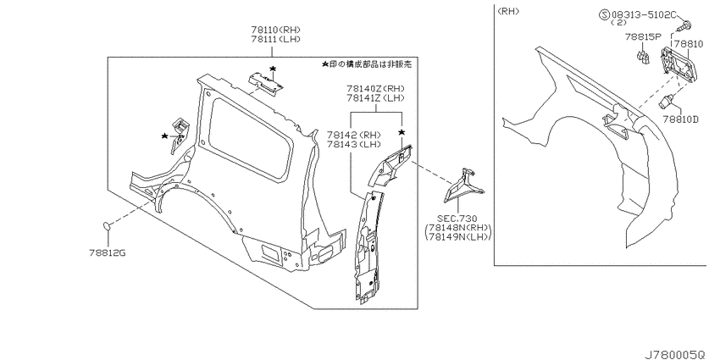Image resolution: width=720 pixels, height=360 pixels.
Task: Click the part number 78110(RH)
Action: point(276,30)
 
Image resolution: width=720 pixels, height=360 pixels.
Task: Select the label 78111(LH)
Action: point(276,40)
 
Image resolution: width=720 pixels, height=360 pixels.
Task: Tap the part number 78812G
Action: point(108,252)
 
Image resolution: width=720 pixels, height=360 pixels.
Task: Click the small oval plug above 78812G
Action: point(107,225)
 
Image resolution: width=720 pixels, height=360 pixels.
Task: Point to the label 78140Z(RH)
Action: point(375,88)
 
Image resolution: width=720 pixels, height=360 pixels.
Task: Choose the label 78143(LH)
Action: point(354,144)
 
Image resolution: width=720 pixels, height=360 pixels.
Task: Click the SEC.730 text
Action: point(457,219)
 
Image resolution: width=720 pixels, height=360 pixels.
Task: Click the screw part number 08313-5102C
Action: point(644,14)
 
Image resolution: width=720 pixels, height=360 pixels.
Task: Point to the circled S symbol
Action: point(604,14)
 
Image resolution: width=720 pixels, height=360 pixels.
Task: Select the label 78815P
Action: point(642,36)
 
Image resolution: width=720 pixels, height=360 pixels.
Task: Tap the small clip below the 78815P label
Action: point(642,58)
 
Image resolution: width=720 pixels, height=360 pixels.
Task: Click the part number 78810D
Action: point(680,119)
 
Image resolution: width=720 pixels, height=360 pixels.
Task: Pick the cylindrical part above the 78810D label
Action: point(667,102)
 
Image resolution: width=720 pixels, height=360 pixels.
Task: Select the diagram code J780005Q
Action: point(674,354)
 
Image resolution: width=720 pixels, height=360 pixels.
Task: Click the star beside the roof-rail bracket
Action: point(273,69)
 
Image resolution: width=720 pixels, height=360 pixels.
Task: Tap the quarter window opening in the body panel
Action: point(250,138)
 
